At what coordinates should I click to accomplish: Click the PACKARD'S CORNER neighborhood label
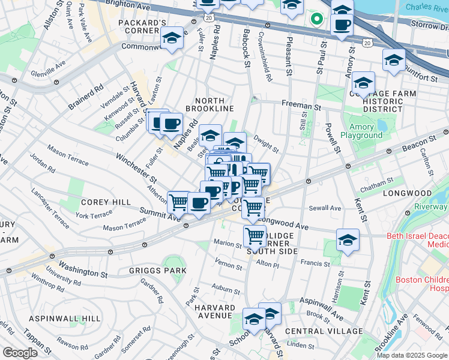(x=142, y=28)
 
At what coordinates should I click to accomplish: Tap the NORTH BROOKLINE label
(x=209, y=104)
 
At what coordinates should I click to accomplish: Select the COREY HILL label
(x=106, y=203)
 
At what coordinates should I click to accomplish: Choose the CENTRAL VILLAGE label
(x=324, y=331)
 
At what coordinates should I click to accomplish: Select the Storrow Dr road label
(x=429, y=26)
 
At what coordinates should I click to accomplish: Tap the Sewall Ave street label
(x=325, y=208)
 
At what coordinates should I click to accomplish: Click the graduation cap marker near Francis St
(x=348, y=239)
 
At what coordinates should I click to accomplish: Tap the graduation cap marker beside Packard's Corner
(x=172, y=39)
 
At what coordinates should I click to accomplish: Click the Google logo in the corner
(x=19, y=353)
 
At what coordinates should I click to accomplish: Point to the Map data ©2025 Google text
(x=411, y=355)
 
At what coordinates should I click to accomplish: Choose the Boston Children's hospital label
(x=422, y=284)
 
